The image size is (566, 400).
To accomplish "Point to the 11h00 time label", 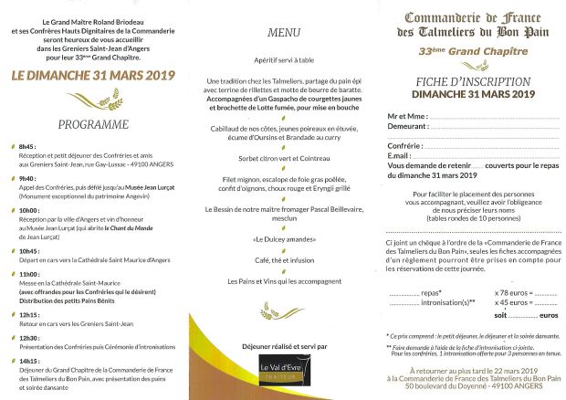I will (28, 273).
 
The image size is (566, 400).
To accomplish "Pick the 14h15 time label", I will (28, 362).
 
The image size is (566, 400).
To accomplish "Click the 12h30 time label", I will (28, 338).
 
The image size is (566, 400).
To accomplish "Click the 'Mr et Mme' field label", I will (407, 118).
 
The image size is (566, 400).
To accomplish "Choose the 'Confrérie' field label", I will (409, 146).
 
